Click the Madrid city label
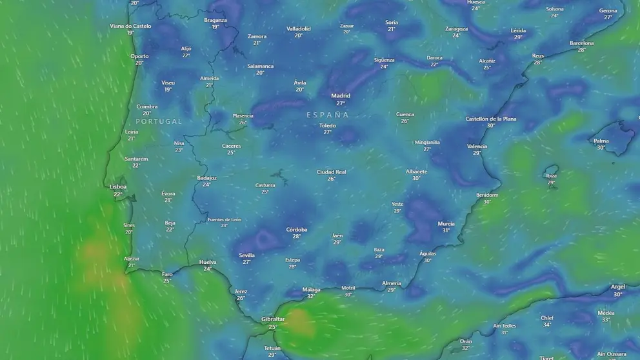[x=341, y=96]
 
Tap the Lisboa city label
[x=118, y=186]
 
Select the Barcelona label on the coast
[x=581, y=43]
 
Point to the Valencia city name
[x=477, y=146]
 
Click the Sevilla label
[x=246, y=255]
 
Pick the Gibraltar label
[x=273, y=319]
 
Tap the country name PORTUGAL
[x=159, y=121]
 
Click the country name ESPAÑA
[x=328, y=115]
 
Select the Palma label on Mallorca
[x=601, y=141]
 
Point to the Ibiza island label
[x=551, y=175]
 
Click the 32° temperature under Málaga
[x=311, y=296]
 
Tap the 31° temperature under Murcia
[x=446, y=230]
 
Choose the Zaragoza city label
[x=456, y=29]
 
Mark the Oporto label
[x=139, y=56]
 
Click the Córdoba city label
[x=297, y=230]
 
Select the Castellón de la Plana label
[x=491, y=119]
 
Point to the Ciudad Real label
[x=331, y=172]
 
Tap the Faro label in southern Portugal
[x=167, y=274]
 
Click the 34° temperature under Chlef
[x=547, y=325]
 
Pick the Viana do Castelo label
[x=130, y=26]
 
